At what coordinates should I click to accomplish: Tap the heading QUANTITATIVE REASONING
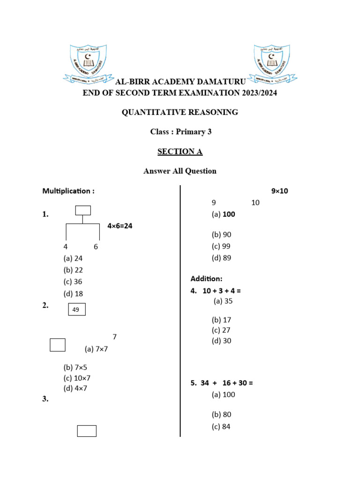coord(180,112)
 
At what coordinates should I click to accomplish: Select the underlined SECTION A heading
coord(180,151)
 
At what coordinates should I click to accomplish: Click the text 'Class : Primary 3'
coord(180,132)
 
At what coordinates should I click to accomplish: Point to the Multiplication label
coord(68,191)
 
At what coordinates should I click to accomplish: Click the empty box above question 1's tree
coord(83,210)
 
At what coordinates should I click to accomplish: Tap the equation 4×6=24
coord(120,226)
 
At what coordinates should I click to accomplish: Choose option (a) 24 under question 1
coord(73,258)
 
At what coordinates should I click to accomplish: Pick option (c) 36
coord(73,282)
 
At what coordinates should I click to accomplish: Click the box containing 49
coord(77,309)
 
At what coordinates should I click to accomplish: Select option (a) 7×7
coord(96,349)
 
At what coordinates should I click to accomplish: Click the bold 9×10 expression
coord(280,191)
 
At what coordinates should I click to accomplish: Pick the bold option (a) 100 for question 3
coord(223,214)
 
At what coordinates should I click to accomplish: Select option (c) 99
coord(221,246)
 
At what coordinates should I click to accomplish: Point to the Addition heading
coord(206,278)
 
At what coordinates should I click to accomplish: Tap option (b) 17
coord(221,320)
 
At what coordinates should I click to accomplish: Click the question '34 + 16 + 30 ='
coord(222,383)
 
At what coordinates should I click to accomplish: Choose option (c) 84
coord(221,427)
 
